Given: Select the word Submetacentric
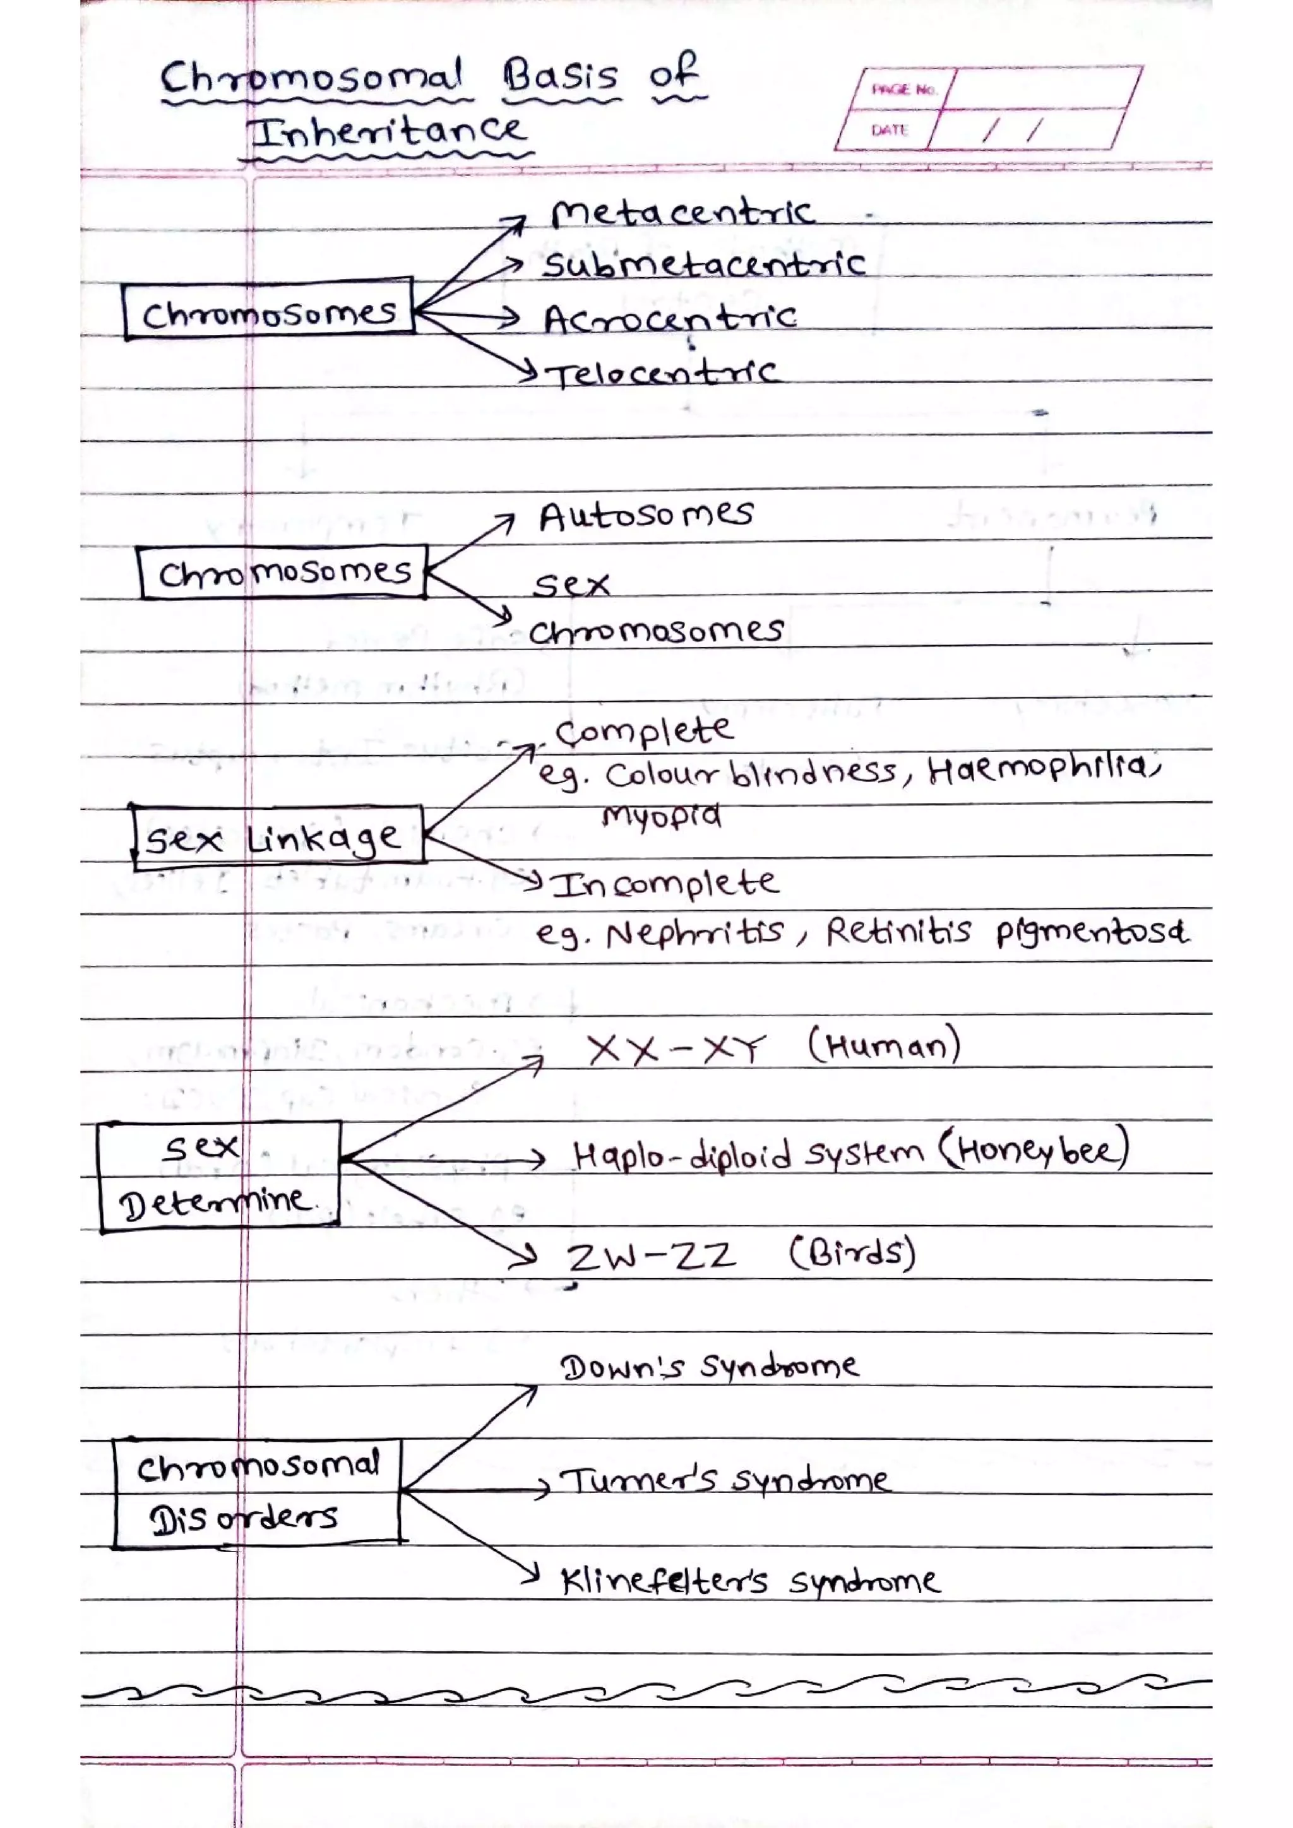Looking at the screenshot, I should (x=704, y=263).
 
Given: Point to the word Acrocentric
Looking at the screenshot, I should (x=670, y=319).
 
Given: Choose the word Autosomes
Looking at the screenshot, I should (x=645, y=515).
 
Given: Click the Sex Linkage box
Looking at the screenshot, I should (x=277, y=837).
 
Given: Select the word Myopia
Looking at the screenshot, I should (x=662, y=816).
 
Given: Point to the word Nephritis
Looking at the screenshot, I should (x=694, y=932).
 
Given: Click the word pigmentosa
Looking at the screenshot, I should (x=1092, y=932).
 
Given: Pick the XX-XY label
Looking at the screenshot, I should (x=676, y=1049).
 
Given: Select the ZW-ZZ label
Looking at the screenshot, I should (x=650, y=1256).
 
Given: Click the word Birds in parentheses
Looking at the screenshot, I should (x=852, y=1253).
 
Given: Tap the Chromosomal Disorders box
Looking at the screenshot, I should (x=256, y=1493).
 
